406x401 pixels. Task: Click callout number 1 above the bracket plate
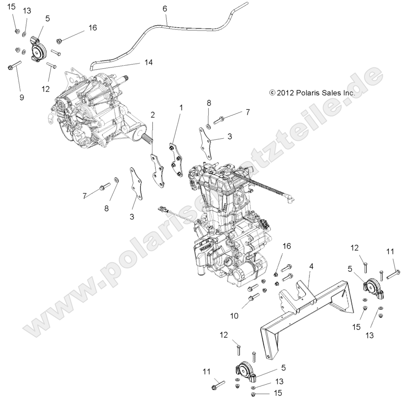coord(181,108)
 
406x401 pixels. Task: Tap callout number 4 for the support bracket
coord(311,266)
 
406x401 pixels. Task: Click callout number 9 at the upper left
coord(21,97)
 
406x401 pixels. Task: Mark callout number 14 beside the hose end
coord(148,62)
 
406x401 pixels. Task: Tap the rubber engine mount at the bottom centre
coord(244,371)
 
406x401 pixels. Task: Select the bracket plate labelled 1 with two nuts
coord(176,160)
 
